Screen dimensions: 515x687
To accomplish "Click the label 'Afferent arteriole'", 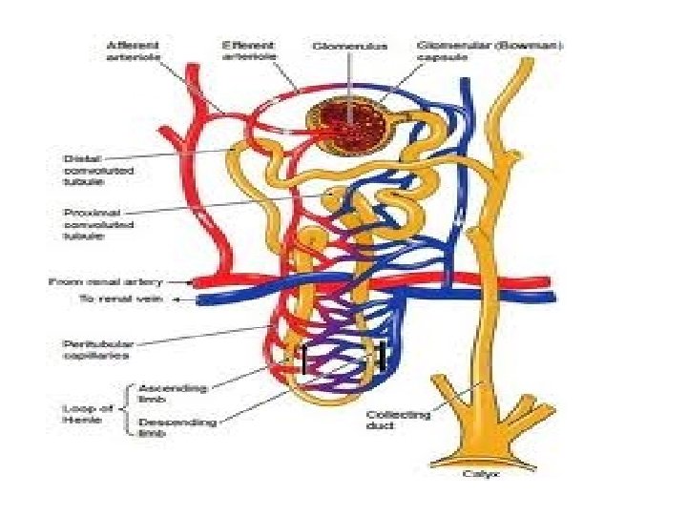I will click(x=134, y=50).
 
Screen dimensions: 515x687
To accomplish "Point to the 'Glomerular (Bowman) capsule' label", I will click(x=465, y=50).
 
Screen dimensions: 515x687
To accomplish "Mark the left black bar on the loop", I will click(x=303, y=360).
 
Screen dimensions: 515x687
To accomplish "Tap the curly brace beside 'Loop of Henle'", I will click(x=129, y=410).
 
